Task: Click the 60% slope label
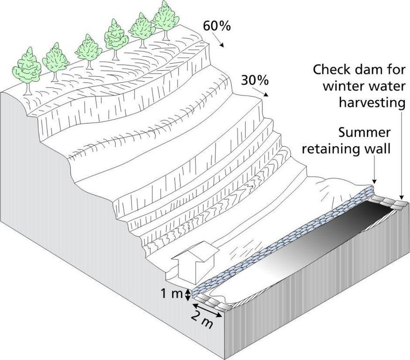coord(217,26)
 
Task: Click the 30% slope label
coord(254,80)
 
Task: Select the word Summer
coord(364,133)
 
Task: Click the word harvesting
coord(372,103)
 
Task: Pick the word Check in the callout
coord(332,70)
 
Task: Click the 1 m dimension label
coord(171,294)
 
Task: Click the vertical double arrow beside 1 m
coord(187,295)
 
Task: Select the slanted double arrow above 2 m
coord(208,310)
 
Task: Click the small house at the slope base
coord(195,262)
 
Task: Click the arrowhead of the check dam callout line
coord(402,197)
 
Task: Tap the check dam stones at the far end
coord(388,202)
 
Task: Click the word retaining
coord(326,149)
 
